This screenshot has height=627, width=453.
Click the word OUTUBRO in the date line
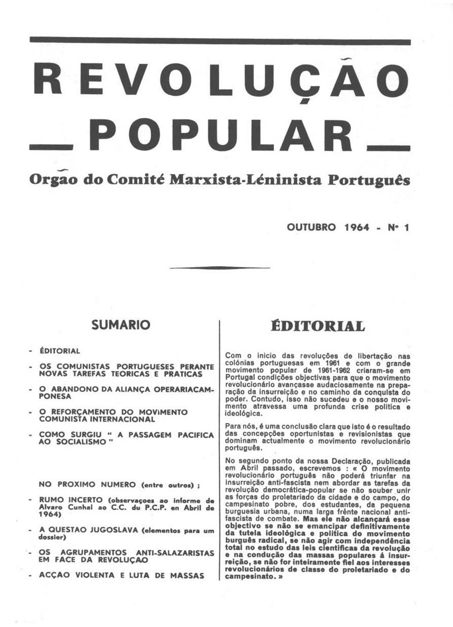click(311, 228)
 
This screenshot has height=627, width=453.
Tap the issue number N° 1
click(398, 228)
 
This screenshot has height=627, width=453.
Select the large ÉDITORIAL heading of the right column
click(318, 326)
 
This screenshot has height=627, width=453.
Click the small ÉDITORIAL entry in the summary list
click(60, 351)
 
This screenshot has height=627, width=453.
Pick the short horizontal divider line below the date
click(219, 267)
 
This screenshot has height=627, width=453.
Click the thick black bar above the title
click(219, 40)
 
